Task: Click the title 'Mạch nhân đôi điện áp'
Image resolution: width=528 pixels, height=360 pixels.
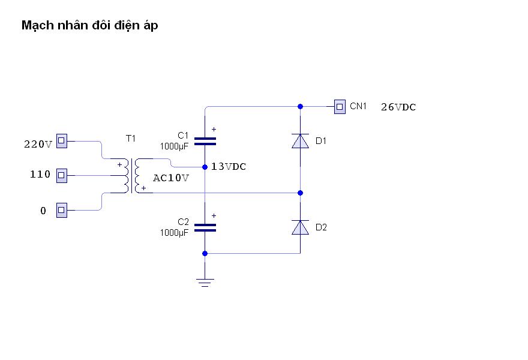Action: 90,26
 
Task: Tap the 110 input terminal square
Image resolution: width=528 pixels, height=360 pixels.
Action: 61,175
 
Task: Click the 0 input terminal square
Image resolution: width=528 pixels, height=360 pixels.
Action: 61,210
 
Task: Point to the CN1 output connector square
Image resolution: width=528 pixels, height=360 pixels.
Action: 340,107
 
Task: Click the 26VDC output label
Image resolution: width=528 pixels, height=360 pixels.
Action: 398,107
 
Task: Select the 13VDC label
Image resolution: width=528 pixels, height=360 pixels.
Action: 229,167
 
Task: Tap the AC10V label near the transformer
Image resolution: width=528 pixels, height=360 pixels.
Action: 171,178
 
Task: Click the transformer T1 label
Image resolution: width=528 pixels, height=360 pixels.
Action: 130,139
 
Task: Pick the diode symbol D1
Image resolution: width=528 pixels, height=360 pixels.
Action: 300,141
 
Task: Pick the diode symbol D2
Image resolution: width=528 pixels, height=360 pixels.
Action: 300,227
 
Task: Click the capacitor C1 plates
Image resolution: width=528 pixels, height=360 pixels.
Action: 205,141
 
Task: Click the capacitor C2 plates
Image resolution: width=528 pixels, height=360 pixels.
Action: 205,227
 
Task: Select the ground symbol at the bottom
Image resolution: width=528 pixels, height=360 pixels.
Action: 205,281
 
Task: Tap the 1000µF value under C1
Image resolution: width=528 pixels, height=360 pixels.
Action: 175,146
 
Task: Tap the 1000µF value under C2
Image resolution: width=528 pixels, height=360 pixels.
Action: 175,233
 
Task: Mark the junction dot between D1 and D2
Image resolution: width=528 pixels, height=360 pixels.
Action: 300,193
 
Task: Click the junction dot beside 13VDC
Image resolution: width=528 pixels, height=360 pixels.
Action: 205,167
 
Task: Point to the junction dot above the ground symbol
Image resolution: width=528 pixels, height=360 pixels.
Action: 205,253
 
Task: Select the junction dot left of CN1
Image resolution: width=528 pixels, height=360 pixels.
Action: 300,106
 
